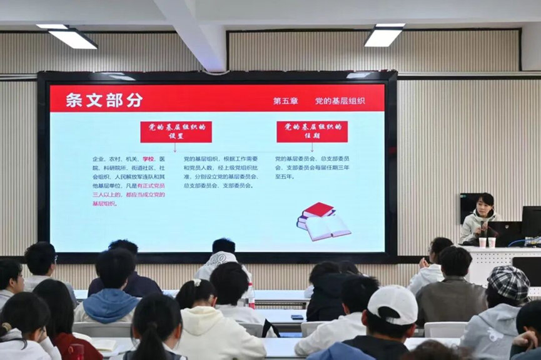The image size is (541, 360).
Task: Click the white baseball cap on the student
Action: (393, 302)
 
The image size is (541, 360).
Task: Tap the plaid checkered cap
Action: (508, 282)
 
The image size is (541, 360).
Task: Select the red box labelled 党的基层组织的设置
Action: (176, 131)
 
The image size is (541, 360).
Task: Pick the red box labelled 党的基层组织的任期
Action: (312, 131)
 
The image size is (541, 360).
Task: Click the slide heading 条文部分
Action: (104, 100)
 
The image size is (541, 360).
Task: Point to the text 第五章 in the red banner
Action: (286, 101)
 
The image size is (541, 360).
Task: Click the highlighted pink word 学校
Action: (148, 159)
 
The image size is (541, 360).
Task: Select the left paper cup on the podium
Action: (482, 242)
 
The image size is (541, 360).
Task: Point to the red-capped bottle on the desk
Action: (251, 296)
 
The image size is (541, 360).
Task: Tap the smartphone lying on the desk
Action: (297, 317)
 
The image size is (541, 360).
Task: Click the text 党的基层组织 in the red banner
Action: (340, 101)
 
